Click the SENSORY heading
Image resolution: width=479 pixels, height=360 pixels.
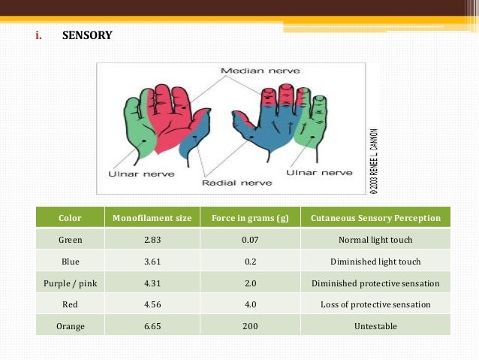87,35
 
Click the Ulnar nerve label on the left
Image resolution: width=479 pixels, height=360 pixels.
142,174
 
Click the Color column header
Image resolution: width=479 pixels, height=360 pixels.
70,219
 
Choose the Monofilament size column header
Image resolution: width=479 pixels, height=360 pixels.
152,219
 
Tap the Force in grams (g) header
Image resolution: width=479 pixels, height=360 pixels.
250,219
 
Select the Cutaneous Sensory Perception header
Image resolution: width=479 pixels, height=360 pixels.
375,219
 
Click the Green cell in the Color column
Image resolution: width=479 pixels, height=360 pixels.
70,241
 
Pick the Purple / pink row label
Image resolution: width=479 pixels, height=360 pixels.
70,283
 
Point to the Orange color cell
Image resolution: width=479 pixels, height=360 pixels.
70,326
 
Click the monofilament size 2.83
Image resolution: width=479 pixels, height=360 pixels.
152,241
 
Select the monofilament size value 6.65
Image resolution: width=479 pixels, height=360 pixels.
152,326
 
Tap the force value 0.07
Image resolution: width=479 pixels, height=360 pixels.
250,241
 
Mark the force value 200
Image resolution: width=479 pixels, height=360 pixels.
250,326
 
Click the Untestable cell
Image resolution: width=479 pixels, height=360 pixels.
375,326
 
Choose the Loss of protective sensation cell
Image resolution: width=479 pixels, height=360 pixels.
375,304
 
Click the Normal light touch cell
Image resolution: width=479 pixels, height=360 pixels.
375,241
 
